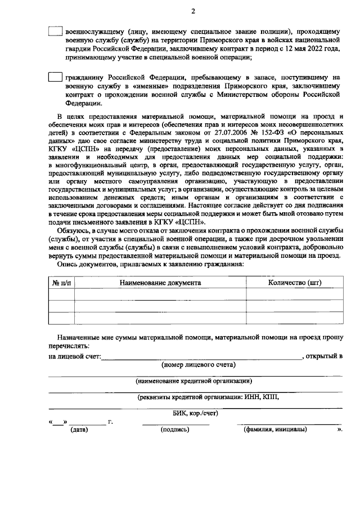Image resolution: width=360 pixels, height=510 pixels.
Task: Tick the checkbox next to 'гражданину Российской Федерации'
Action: click(55, 77)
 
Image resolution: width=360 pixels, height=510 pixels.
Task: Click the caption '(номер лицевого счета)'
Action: click(198, 365)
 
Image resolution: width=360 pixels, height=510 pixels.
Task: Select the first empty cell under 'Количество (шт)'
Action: click(294, 294)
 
